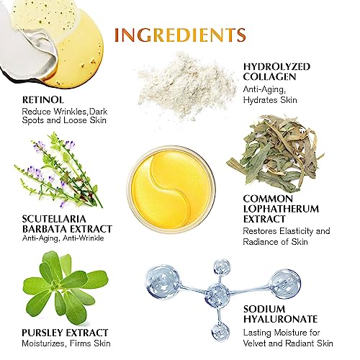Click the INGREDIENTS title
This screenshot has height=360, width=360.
pyautogui.click(x=181, y=35)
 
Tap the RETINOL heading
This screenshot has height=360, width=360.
pyautogui.click(x=43, y=100)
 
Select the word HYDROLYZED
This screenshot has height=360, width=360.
pyautogui.click(x=276, y=67)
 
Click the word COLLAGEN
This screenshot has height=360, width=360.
pyautogui.click(x=269, y=77)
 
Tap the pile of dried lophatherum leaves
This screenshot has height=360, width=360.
pyautogui.click(x=275, y=153)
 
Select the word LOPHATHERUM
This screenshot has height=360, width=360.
pyautogui.click(x=281, y=209)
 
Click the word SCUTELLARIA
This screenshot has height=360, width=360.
pyautogui.click(x=54, y=219)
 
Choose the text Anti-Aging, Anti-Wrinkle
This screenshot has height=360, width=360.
pyautogui.click(x=63, y=238)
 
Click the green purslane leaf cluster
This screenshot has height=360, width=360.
pyautogui.click(x=66, y=288)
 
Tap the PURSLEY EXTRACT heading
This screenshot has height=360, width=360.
pyautogui.click(x=65, y=333)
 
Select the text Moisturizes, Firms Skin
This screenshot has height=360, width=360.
pyautogui.click(x=66, y=343)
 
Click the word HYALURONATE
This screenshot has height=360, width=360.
pyautogui.click(x=280, y=319)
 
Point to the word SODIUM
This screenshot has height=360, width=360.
pyautogui.click(x=264, y=309)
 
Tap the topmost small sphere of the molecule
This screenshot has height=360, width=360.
pyautogui.click(x=222, y=268)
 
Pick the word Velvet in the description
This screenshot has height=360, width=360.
pyautogui.click(x=254, y=343)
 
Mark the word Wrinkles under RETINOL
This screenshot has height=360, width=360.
pyautogui.click(x=70, y=112)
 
